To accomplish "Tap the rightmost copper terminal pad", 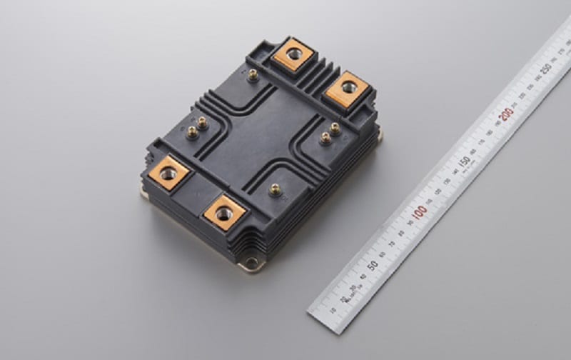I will pos(348,88).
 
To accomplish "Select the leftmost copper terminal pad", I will pos(169,173).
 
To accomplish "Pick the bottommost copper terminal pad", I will pos(225,211).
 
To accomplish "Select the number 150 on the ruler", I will pos(463,161).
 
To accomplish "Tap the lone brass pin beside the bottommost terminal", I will pos(275,190).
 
